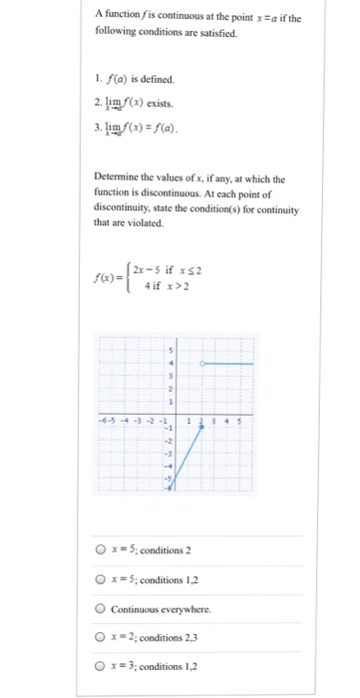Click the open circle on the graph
[202, 364]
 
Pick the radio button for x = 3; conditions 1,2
[101, 667]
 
